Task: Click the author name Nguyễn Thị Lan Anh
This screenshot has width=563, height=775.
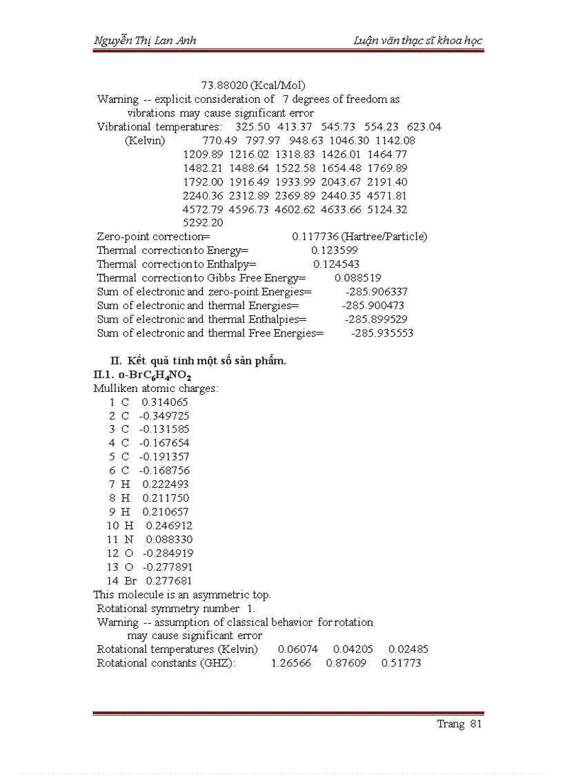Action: pos(145,40)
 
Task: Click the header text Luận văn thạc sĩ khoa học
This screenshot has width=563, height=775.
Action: pos(417,40)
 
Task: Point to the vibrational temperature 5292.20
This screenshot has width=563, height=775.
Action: pos(203,223)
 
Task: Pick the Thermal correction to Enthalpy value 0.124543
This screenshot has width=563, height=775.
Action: pos(336,264)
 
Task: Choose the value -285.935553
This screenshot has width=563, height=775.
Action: pos(382,333)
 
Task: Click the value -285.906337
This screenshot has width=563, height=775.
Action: pos(377,292)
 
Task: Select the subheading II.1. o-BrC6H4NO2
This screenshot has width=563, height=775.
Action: pos(143,375)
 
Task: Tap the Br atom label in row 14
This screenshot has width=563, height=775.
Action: pos(130,581)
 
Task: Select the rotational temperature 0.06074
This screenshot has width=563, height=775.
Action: pos(297,649)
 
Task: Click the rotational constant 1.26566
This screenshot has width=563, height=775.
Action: pos(290,663)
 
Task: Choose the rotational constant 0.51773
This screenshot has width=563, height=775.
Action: pos(401,663)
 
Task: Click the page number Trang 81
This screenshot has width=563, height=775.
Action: pos(459,724)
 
